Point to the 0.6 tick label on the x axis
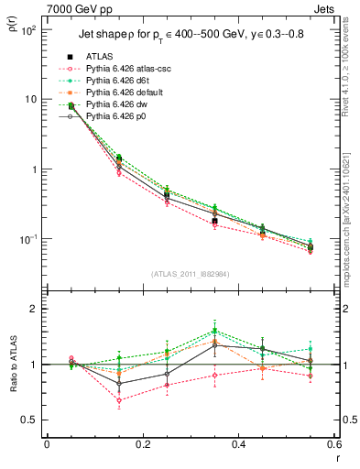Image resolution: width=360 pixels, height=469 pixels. (334, 444)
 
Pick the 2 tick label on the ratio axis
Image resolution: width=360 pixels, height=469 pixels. (37, 309)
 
